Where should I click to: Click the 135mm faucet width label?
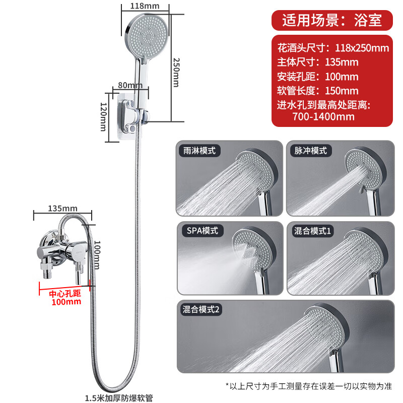pyautogui.click(x=62, y=208)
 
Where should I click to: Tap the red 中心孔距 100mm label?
pyautogui.click(x=65, y=297)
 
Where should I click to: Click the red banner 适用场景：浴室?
pyautogui.click(x=331, y=20)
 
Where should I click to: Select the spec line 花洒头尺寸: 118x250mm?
pyautogui.click(x=333, y=48)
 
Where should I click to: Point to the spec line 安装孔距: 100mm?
pyautogui.click(x=318, y=77)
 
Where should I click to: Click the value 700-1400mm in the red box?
pyautogui.click(x=323, y=116)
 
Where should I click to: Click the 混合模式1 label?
pyautogui.click(x=313, y=231)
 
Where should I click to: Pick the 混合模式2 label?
pyautogui.click(x=201, y=310)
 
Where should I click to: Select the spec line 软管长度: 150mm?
pyautogui.click(x=318, y=91)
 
